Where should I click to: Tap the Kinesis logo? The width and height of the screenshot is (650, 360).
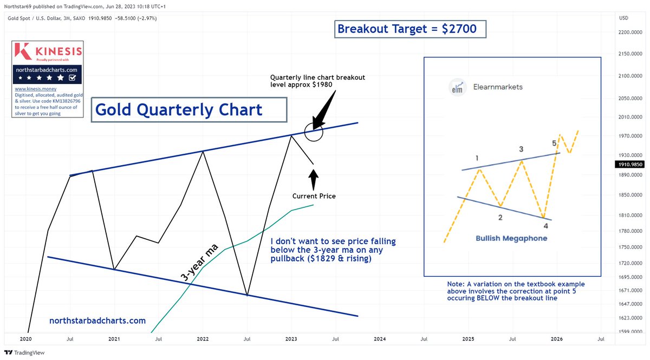(48, 51)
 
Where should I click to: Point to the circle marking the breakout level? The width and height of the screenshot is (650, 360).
(314, 131)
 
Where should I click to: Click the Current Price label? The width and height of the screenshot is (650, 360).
(314, 196)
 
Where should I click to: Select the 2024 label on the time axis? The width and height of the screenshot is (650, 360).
(380, 339)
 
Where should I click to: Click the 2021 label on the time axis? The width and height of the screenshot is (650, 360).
(114, 339)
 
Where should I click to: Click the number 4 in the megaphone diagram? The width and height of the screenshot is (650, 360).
(546, 225)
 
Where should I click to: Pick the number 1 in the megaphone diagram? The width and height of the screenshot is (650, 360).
(477, 158)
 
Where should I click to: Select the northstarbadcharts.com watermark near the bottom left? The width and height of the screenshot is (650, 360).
(97, 320)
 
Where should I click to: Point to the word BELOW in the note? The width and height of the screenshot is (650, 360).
(506, 298)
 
